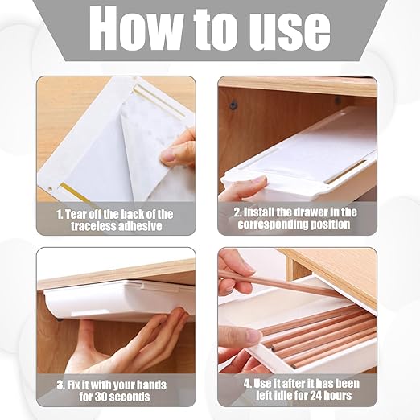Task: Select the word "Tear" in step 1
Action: tap(76, 214)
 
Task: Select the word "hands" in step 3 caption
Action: tap(151, 385)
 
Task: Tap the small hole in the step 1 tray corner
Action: tap(51, 189)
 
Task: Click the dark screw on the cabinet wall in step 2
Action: tap(233, 103)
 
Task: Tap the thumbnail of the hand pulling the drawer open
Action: tap(253, 336)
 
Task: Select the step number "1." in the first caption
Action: tap(60, 215)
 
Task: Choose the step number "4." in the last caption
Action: tap(248, 384)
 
